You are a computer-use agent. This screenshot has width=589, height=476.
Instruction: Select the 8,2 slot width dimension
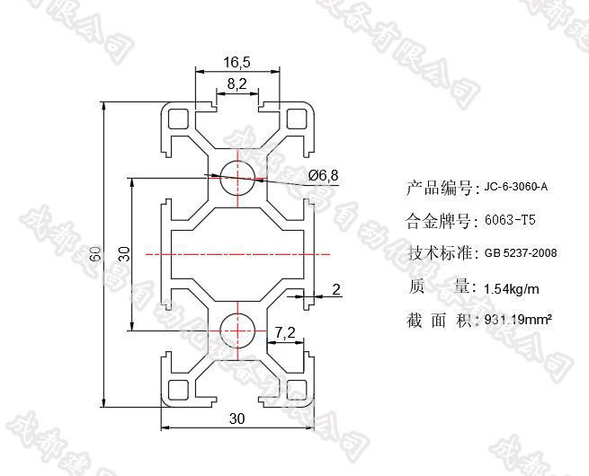click(237, 84)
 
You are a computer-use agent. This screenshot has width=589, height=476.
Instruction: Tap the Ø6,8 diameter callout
click(322, 175)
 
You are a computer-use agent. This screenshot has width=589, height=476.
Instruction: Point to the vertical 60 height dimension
click(94, 255)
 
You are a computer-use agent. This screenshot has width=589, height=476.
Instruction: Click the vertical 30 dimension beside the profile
click(125, 254)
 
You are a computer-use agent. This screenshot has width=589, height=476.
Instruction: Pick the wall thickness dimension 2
click(336, 288)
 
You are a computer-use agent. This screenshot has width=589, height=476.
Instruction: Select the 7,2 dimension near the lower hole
click(286, 333)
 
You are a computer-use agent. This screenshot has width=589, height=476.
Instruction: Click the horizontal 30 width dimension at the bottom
click(237, 419)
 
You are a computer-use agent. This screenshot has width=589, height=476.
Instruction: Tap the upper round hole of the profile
click(237, 172)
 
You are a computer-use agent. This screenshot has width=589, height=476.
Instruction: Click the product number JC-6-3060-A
click(515, 188)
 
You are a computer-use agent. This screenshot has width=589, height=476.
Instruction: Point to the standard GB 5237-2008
click(520, 253)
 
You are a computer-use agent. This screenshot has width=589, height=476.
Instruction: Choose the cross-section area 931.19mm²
click(518, 320)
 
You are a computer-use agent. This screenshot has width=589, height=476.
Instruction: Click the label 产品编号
click(438, 188)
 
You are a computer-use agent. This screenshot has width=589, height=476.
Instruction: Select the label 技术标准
click(438, 252)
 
